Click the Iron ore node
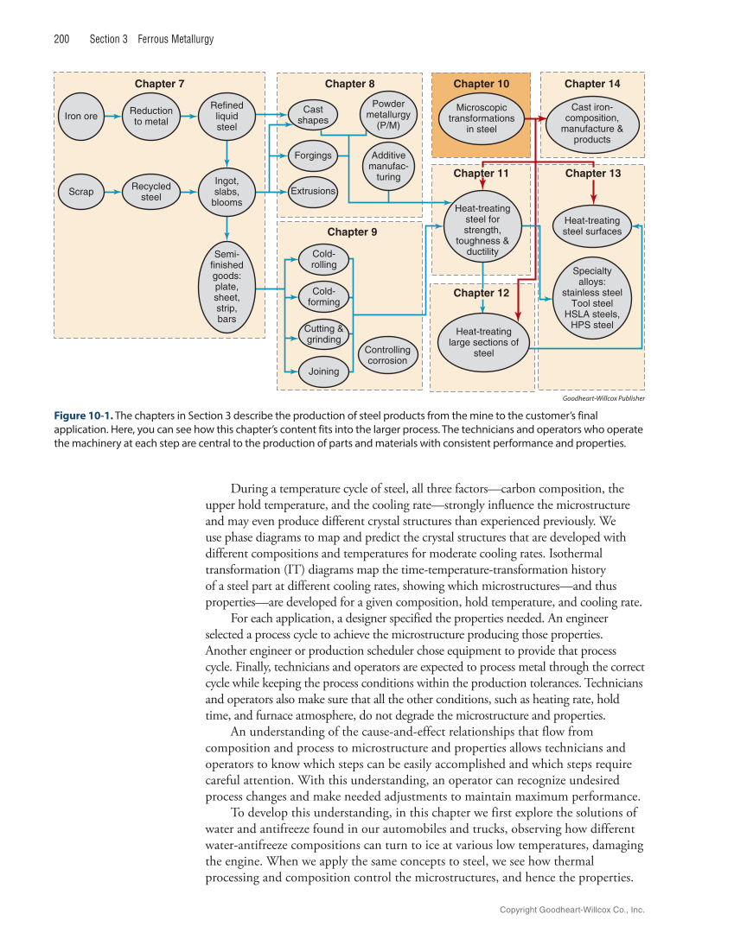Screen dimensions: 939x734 [81, 117]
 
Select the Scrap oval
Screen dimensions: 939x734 [80, 192]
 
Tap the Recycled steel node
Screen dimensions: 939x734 [151, 192]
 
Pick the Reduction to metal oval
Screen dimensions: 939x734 [151, 116]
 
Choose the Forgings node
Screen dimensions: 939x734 [313, 155]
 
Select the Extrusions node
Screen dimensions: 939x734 [313, 190]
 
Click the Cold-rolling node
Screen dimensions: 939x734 [324, 259]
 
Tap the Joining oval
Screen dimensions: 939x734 [317, 371]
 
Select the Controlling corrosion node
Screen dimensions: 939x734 [387, 355]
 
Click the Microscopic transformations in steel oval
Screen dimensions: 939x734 [482, 118]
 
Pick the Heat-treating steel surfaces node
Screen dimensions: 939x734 [592, 226]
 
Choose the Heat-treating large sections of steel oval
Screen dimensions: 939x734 [483, 342]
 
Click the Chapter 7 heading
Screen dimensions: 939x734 [159, 84]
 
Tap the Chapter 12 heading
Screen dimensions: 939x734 [481, 293]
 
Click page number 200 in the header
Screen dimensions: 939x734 [61, 39]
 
